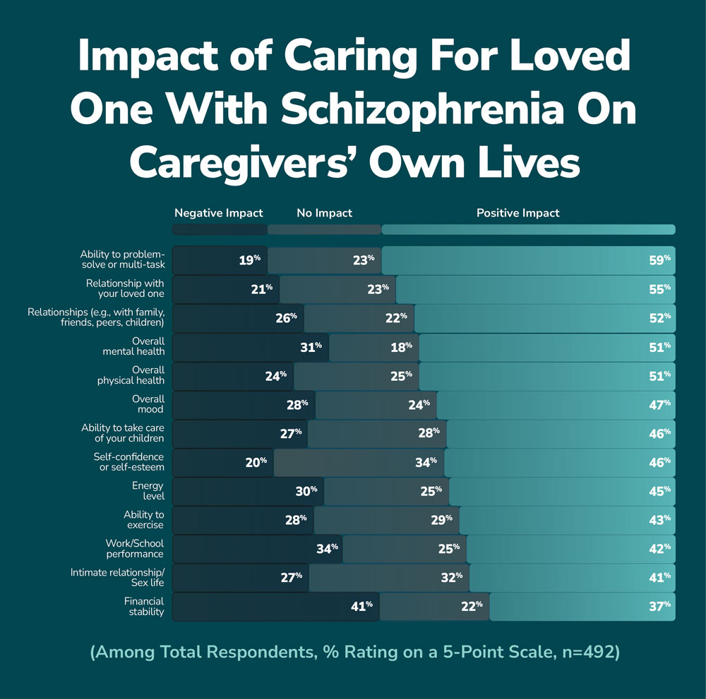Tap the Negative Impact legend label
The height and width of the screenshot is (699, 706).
218,212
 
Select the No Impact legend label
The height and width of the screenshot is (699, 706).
324,212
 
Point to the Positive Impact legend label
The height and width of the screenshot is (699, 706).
517,212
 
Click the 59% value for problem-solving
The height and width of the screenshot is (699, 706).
660,260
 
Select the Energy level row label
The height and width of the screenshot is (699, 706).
148,491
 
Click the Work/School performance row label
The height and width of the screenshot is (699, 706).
135,549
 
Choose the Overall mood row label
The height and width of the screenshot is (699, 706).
148,404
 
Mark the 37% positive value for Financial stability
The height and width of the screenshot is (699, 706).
660,605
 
